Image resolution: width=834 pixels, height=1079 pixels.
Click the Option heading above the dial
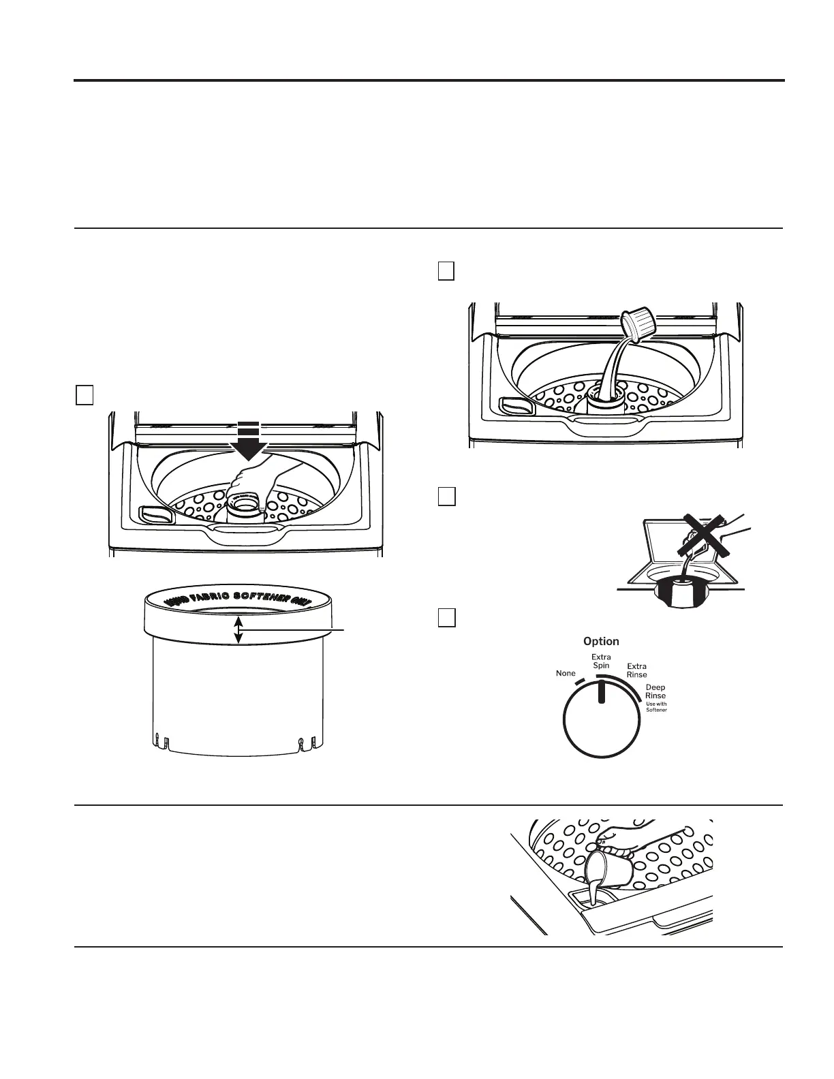point(601,642)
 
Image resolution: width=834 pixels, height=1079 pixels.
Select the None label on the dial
point(566,674)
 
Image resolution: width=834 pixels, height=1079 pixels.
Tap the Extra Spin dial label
point(601,661)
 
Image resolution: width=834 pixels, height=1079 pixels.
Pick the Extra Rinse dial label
point(637,670)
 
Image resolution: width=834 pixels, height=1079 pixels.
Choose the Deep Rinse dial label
point(655,692)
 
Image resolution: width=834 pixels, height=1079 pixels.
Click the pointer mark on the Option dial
point(601,691)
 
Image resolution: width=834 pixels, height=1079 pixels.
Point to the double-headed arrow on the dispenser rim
point(238,629)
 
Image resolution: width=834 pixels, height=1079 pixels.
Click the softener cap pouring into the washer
point(638,325)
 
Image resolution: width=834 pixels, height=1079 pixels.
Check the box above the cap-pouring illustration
point(446,270)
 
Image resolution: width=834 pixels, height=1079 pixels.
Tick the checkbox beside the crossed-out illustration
point(446,497)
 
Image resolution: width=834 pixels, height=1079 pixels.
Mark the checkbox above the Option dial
point(446,617)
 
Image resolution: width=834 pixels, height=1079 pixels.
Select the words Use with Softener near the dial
point(657,707)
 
